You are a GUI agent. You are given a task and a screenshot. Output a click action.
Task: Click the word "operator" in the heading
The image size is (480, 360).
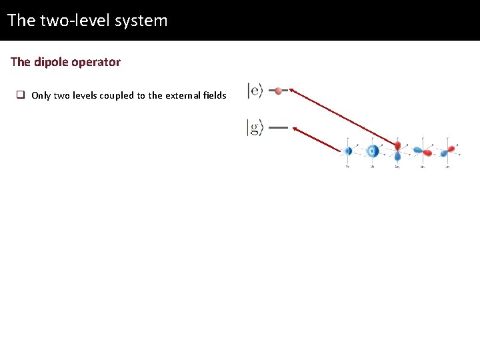tap(97, 62)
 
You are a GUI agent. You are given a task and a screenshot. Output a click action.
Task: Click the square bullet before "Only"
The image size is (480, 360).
tap(21, 95)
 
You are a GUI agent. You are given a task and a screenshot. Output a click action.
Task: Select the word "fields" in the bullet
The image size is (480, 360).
tap(214, 95)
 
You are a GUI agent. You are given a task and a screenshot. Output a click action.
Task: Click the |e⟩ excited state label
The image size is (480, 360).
tap(255, 91)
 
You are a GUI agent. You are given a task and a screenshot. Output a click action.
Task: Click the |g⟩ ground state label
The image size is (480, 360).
tap(255, 127)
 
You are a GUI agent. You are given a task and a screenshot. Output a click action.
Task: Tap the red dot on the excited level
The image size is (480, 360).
tap(278, 91)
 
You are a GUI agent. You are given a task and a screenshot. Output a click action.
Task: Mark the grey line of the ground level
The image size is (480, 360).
tap(278, 127)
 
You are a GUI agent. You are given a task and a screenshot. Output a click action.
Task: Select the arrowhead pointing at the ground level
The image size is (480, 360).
tap(295, 129)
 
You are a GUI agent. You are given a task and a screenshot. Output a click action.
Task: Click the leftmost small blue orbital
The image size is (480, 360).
tap(348, 151)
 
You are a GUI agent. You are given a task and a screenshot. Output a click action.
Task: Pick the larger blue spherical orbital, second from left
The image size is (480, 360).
tap(373, 151)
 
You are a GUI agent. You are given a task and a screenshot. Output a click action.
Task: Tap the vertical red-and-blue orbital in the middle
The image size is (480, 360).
tap(398, 151)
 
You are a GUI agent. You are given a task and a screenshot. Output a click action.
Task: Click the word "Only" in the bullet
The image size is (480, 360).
tap(41, 95)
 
